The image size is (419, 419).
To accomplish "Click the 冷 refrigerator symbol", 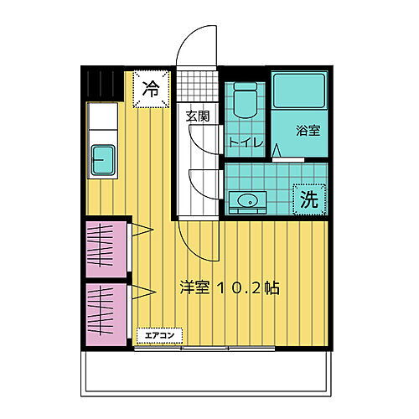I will coord(152,87).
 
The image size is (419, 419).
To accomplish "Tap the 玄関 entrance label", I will coord(197,115).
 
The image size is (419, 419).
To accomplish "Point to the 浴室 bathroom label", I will coord(308,132).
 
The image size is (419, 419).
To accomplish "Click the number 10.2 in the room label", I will coord(241,287).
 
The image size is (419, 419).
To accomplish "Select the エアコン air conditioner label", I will coord(158,335).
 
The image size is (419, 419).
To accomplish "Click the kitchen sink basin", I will coord(104,157).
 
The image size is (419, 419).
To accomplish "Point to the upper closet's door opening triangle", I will coord(141,228).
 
